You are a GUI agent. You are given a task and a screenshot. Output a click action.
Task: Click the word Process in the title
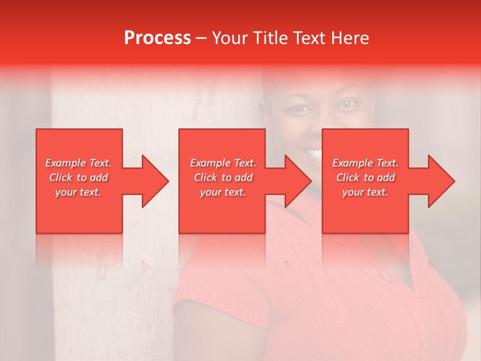pyautogui.click(x=157, y=38)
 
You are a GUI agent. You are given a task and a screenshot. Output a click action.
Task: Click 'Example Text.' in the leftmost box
pyautogui.click(x=78, y=163)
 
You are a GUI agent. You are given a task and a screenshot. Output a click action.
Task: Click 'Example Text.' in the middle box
pyautogui.click(x=223, y=163)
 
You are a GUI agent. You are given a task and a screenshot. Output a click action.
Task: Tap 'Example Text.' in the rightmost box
pyautogui.click(x=365, y=163)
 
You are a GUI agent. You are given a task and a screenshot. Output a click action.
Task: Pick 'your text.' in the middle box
pyautogui.click(x=222, y=192)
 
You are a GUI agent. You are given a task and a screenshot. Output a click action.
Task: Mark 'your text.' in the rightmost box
pyautogui.click(x=365, y=192)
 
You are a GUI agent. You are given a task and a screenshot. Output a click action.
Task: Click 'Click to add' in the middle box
pyautogui.click(x=223, y=177)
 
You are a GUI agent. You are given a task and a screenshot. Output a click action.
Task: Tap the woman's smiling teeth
pyautogui.click(x=314, y=152)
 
